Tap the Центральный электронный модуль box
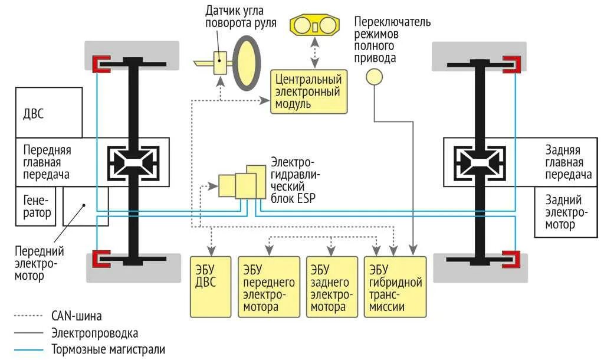coord(308,91)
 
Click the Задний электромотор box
coord(563,212)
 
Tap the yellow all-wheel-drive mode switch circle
coord(374,77)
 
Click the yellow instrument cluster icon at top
coord(316,27)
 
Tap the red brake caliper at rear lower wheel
coord(511,258)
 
